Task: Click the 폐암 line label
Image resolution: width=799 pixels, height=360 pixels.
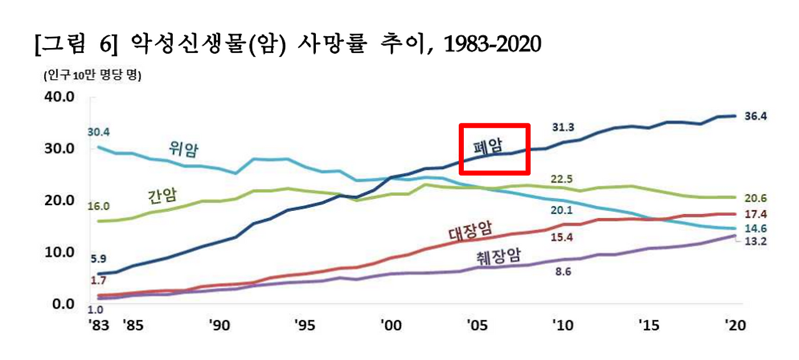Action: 488,148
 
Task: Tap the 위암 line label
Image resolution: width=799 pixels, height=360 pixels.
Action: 188,148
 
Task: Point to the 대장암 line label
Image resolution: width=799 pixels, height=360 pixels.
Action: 470,233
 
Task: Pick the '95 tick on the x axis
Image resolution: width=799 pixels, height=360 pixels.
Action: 305,325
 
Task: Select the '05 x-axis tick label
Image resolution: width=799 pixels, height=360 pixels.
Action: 477,325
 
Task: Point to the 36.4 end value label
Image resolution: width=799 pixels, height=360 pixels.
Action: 756,116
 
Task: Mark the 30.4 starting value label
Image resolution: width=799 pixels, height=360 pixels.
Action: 99,132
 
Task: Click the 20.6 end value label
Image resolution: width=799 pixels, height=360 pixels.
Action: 756,198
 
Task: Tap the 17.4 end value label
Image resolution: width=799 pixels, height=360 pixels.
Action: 756,214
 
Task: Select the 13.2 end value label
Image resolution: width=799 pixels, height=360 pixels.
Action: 756,241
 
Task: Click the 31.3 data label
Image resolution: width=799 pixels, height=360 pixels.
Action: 563,127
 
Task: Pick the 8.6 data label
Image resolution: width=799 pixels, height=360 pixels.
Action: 563,271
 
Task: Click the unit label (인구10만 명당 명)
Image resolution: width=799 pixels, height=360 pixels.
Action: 92,77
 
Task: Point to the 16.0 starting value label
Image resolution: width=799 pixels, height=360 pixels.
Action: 99,206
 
